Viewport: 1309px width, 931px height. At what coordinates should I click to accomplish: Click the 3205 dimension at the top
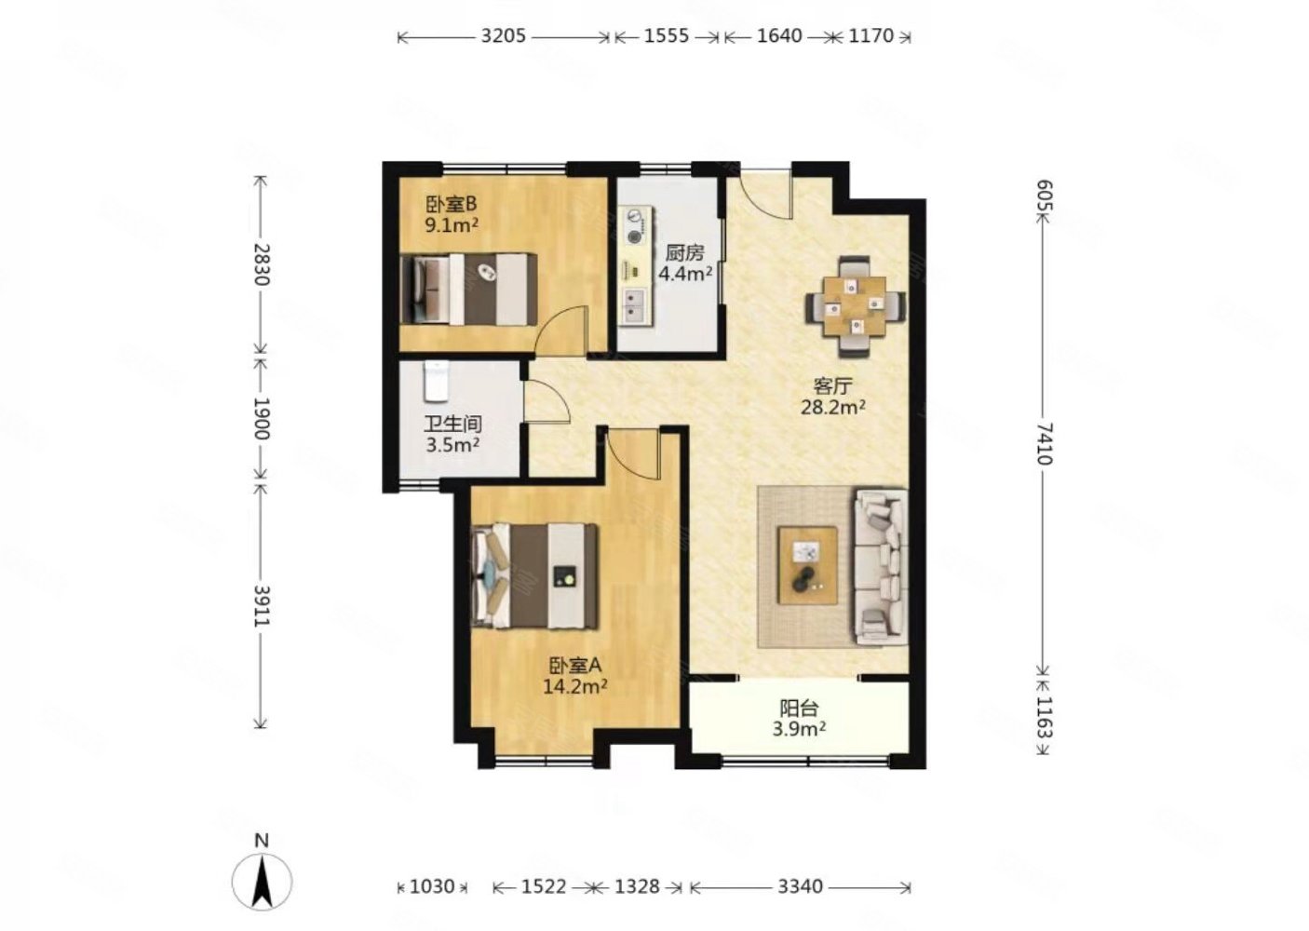click(x=503, y=36)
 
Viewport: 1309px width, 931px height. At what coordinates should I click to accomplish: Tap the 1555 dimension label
click(x=667, y=36)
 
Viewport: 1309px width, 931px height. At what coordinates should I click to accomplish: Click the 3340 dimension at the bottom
click(x=800, y=886)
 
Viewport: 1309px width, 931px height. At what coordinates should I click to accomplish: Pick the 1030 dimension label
click(x=432, y=886)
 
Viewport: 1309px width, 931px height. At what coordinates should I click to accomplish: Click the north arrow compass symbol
click(x=262, y=880)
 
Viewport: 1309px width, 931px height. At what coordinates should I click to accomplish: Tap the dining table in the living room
click(x=855, y=306)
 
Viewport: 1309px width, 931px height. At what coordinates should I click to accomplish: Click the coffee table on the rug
click(x=807, y=565)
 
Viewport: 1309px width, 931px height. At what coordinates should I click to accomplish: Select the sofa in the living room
click(x=882, y=568)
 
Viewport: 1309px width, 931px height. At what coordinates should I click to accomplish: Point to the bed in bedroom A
click(x=534, y=576)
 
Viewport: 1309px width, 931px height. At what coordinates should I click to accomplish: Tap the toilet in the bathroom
click(x=437, y=381)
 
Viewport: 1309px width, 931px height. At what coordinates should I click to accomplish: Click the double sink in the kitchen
click(x=635, y=305)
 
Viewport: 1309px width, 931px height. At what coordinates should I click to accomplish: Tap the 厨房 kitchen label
click(x=685, y=253)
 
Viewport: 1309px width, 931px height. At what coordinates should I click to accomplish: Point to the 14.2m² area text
click(x=575, y=685)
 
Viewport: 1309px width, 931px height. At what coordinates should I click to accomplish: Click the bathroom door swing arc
click(x=552, y=398)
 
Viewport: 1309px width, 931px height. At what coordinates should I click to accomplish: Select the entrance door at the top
click(x=765, y=193)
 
